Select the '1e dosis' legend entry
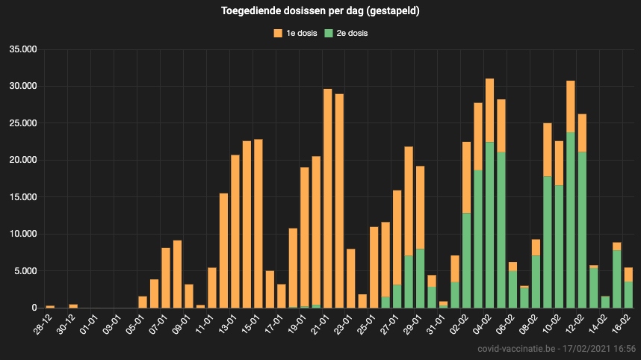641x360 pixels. click(299, 33)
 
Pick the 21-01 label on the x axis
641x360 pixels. click(323, 323)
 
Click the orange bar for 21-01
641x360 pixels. click(328, 198)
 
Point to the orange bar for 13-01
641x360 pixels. click(235, 231)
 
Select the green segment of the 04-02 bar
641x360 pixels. click(490, 225)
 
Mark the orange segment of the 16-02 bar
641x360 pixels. click(628, 274)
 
